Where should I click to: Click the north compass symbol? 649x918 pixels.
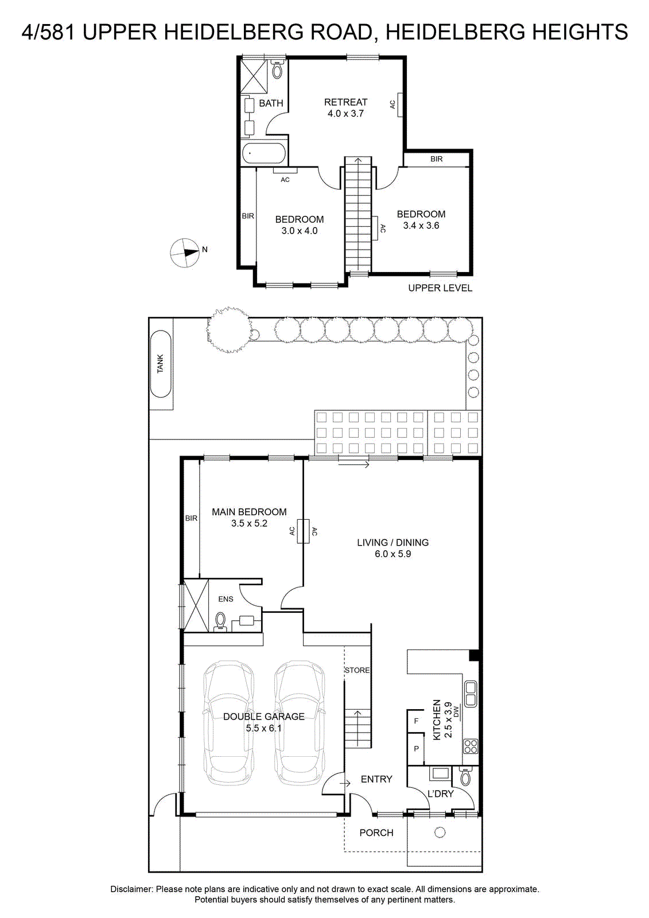pyautogui.click(x=185, y=253)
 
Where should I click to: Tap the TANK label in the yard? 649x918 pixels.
pyautogui.click(x=160, y=364)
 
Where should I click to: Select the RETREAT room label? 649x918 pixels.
pyautogui.click(x=345, y=102)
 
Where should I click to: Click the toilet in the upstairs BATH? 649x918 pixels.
pyautogui.click(x=278, y=69)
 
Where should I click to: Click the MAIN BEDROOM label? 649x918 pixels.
pyautogui.click(x=249, y=512)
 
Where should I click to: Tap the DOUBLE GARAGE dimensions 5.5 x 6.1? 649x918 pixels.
pyautogui.click(x=263, y=728)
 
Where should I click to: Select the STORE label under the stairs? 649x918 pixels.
pyautogui.click(x=357, y=670)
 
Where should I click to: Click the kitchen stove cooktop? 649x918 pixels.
pyautogui.click(x=471, y=746)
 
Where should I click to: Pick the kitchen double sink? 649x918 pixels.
pyautogui.click(x=470, y=694)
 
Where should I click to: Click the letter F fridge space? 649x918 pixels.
pyautogui.click(x=416, y=721)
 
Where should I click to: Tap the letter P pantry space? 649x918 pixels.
pyautogui.click(x=416, y=749)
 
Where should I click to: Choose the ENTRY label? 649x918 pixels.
pyautogui.click(x=376, y=779)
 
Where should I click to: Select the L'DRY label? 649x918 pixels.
pyautogui.click(x=441, y=794)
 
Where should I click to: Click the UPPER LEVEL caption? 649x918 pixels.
pyautogui.click(x=440, y=288)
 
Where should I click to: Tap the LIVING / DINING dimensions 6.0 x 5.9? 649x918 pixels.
pyautogui.click(x=392, y=554)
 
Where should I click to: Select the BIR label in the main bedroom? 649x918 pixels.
pyautogui.click(x=192, y=519)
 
